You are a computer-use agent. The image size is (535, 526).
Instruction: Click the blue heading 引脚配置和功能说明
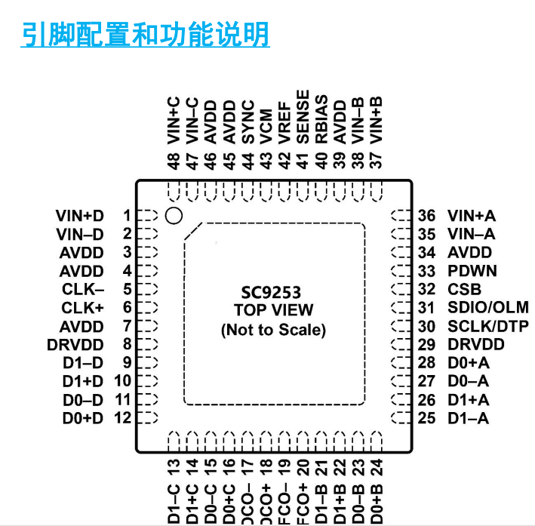pyautogui.click(x=144, y=35)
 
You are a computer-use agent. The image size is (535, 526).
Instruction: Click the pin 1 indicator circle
pyautogui.click(x=174, y=216)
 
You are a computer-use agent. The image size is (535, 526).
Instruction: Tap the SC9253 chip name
pyautogui.click(x=273, y=292)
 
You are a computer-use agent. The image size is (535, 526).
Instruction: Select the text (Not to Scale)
pyautogui.click(x=273, y=330)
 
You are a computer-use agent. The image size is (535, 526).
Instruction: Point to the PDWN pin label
pyautogui.click(x=472, y=271)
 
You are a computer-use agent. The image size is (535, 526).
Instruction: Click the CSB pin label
pyautogui.click(x=464, y=289)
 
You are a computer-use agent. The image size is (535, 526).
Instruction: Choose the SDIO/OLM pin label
pyautogui.click(x=487, y=308)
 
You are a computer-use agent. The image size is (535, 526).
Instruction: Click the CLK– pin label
pyautogui.click(x=83, y=289)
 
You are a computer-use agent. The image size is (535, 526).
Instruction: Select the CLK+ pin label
pyautogui.click(x=83, y=308)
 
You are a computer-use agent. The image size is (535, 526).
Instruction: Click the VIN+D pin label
pyautogui.click(x=79, y=216)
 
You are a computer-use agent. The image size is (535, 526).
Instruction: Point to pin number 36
pyautogui.click(x=427, y=216)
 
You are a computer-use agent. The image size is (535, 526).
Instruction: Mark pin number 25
pyautogui.click(x=427, y=418)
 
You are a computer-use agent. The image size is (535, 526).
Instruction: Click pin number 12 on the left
pyautogui.click(x=123, y=418)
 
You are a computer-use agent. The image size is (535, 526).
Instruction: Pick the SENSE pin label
pyautogui.click(x=303, y=117)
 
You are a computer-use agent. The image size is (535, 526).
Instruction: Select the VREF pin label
pyautogui.click(x=284, y=122)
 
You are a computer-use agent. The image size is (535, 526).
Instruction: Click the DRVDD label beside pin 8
pyautogui.click(x=75, y=345)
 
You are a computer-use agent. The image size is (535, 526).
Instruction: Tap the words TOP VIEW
pyautogui.click(x=273, y=310)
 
